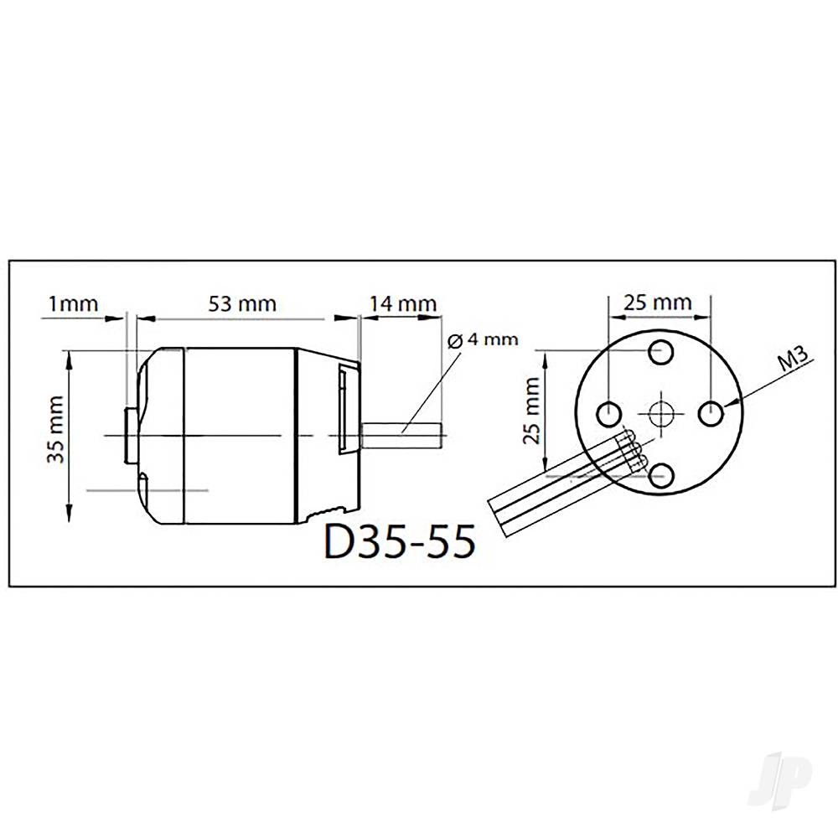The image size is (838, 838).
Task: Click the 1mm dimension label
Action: [x=74, y=303]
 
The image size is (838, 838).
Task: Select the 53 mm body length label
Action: [x=243, y=303]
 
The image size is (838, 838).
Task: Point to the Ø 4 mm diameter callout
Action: [x=483, y=340]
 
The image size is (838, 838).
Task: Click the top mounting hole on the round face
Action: [x=661, y=353]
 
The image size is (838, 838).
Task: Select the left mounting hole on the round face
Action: [x=609, y=412]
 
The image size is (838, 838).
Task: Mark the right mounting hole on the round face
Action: [x=712, y=412]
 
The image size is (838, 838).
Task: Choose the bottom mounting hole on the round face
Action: [x=661, y=474]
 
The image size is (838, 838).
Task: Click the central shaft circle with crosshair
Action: [x=661, y=412]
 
